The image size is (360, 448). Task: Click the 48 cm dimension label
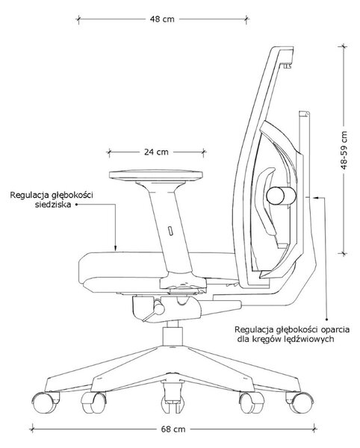(162, 19)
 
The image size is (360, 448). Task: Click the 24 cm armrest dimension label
(156, 152)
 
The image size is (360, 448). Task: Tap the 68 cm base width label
(173, 429)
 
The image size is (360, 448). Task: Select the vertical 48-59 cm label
(344, 150)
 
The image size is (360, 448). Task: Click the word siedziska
(53, 205)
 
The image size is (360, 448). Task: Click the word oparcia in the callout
(335, 329)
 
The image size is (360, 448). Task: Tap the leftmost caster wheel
(43, 402)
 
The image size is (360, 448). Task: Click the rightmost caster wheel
(301, 402)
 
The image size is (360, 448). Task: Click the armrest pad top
(156, 175)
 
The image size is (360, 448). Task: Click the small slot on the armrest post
(170, 231)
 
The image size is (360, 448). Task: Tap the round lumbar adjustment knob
(281, 196)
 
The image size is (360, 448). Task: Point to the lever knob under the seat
(159, 309)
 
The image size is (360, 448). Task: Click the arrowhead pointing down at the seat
(116, 248)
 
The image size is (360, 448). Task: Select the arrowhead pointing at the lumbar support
(316, 197)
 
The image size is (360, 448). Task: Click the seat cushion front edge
(80, 268)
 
